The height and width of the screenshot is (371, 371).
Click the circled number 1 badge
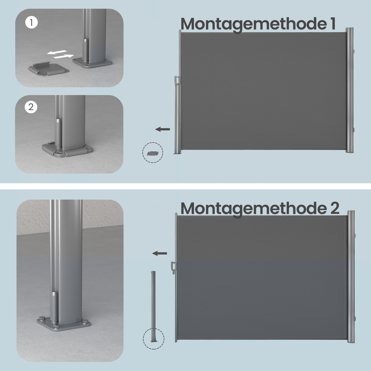click(31, 23)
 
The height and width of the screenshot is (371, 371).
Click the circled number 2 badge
click(31, 107)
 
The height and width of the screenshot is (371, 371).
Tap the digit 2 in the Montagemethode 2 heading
click(334, 208)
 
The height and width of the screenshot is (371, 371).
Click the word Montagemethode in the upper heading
click(253, 24)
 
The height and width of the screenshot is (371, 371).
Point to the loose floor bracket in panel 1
click(49, 69)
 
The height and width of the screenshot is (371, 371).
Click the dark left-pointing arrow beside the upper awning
click(162, 129)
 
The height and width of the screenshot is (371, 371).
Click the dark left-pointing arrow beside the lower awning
click(160, 253)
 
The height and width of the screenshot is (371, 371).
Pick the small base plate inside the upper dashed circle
click(152, 153)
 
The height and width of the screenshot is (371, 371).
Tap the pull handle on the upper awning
click(177, 80)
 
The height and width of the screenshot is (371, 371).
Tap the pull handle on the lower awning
click(173, 267)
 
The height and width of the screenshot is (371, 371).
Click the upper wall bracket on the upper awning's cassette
click(354, 51)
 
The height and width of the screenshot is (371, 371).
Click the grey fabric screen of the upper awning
click(263, 91)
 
